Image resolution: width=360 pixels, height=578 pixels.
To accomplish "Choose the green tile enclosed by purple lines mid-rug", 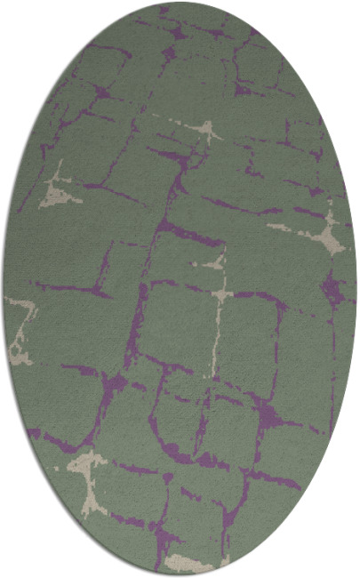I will [x=178, y=325].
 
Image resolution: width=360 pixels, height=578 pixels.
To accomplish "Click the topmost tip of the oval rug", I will [x=180, y=3].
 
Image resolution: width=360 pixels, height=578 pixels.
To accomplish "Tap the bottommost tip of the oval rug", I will [x=180, y=574].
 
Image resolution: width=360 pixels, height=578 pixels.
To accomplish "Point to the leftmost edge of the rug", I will [x=4, y=289].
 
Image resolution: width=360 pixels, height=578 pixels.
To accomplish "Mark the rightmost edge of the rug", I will [x=356, y=289].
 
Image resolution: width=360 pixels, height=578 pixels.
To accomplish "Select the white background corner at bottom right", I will [x=352, y=570].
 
